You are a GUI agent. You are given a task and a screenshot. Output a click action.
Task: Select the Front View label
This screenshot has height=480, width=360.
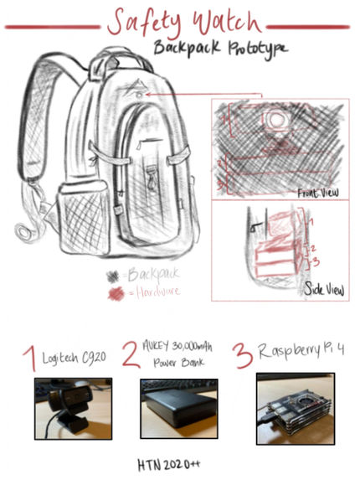pos(318,193)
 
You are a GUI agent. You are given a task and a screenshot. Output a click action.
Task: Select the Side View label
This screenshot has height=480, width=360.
pos(325,291)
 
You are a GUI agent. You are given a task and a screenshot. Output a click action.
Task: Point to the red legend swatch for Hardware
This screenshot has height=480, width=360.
pos(116,292)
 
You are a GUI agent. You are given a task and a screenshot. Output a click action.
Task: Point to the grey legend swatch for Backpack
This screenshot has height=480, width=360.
pos(113,275)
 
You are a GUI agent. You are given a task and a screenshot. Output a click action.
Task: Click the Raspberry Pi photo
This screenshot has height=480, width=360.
pos(295,408)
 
